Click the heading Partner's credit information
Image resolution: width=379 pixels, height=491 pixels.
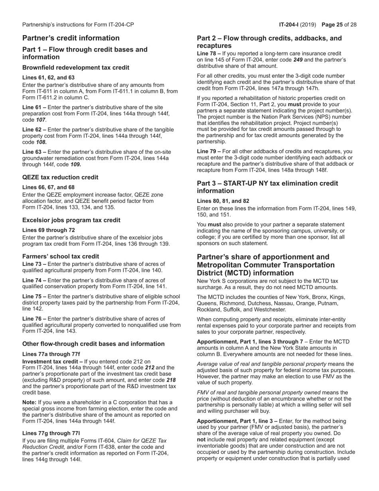71,38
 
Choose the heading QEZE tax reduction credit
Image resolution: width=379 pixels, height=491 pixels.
60,177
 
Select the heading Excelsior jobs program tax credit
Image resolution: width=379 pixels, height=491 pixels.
71,220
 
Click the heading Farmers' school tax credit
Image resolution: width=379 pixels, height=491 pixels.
61,256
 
